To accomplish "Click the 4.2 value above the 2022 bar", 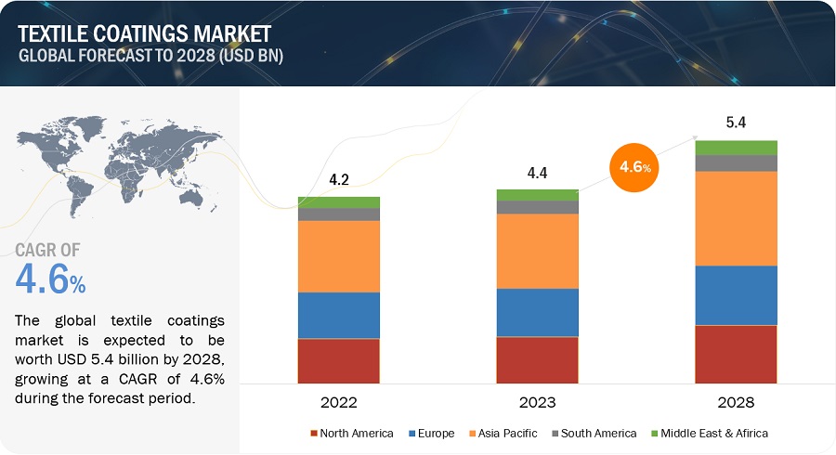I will click(338, 181).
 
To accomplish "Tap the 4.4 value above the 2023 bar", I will click(537, 174).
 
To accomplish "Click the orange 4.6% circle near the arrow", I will click(634, 168).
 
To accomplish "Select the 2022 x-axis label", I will click(338, 402).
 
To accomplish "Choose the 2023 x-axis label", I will click(537, 402).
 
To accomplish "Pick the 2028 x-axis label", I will click(736, 402).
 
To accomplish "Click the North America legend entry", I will click(351, 434).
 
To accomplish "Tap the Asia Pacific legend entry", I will click(502, 434).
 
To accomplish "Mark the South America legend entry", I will click(594, 434).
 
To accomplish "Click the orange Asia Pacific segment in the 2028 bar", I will click(736, 218).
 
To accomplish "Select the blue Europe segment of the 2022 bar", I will click(338, 316).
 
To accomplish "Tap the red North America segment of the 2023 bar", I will click(537, 359).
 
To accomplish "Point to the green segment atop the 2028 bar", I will click(736, 148).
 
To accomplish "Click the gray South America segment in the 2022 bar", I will click(338, 214).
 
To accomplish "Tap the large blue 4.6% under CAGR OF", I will click(51, 280).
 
